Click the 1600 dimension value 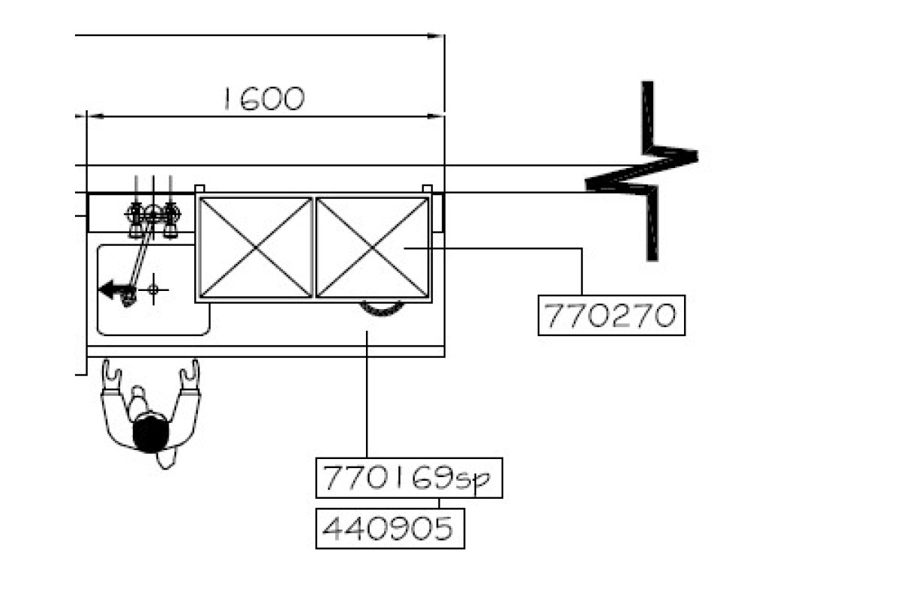tap(263, 99)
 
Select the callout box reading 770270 tap(611, 316)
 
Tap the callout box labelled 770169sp tap(409, 478)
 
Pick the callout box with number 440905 tap(389, 529)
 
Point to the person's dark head tap(150, 433)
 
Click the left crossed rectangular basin tap(256, 247)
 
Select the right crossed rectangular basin tap(372, 247)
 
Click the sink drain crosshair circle tap(153, 289)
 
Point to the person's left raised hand tap(112, 373)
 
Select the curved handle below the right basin tap(382, 307)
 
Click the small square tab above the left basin tap(199, 188)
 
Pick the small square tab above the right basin tap(427, 188)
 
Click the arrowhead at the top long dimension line tap(436, 35)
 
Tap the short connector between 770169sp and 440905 tap(439, 503)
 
